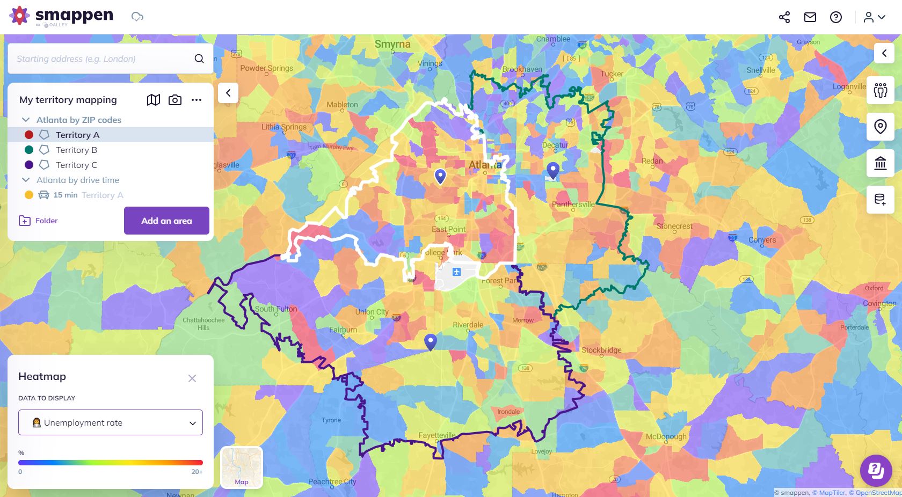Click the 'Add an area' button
coord(166,221)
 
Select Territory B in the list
coord(76,150)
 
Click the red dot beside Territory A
coord(29,135)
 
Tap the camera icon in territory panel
coord(175,100)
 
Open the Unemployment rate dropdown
coord(111,422)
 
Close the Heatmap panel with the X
coord(192,378)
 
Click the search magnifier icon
coord(199,59)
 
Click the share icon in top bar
coord(784,17)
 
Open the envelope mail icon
coord(810,17)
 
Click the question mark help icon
coord(836,17)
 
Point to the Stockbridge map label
coord(601,350)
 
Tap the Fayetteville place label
coord(437,435)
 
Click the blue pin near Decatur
coord(552,171)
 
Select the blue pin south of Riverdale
coord(430,341)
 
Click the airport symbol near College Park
coord(456,272)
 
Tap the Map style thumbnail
coord(242,467)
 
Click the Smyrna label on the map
coord(392,44)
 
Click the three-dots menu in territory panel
coord(197,100)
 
